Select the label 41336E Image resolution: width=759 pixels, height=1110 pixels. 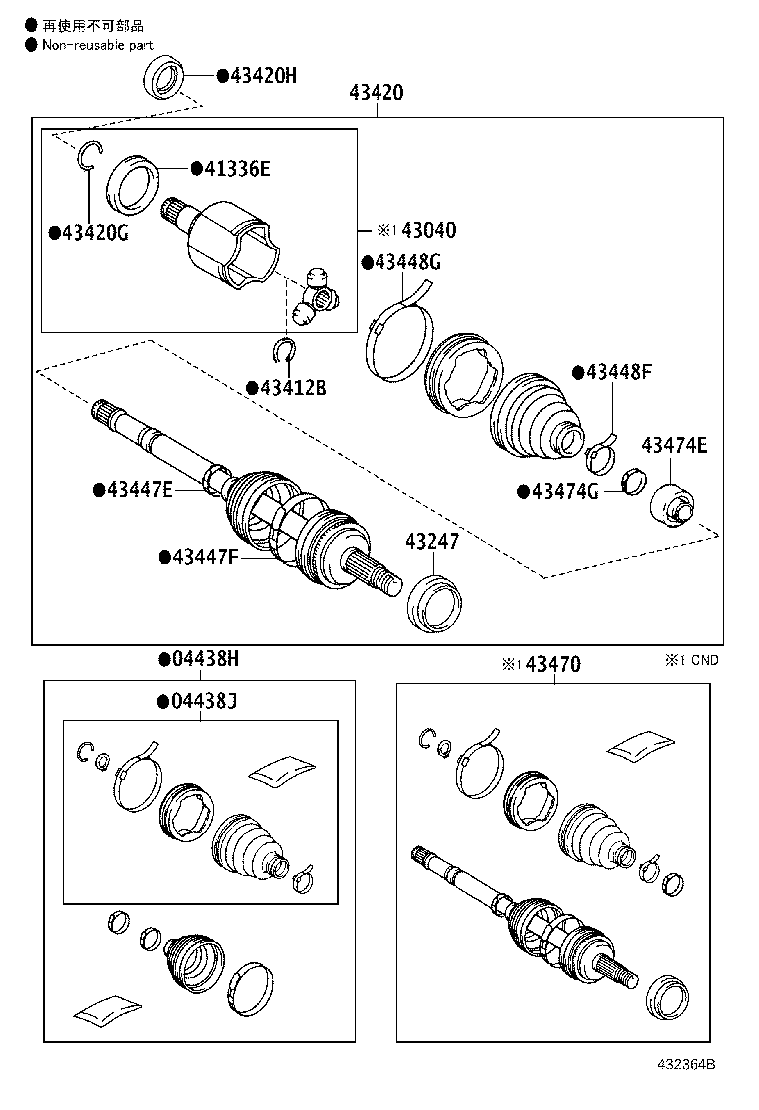point(237,169)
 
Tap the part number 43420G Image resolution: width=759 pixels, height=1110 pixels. point(95,232)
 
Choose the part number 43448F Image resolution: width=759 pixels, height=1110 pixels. point(618,372)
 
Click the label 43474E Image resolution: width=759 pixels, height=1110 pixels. point(674,445)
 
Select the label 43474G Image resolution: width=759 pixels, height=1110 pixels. point(564,491)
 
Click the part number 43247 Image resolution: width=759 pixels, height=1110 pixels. point(432,542)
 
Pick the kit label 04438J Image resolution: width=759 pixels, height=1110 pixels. point(203,700)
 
